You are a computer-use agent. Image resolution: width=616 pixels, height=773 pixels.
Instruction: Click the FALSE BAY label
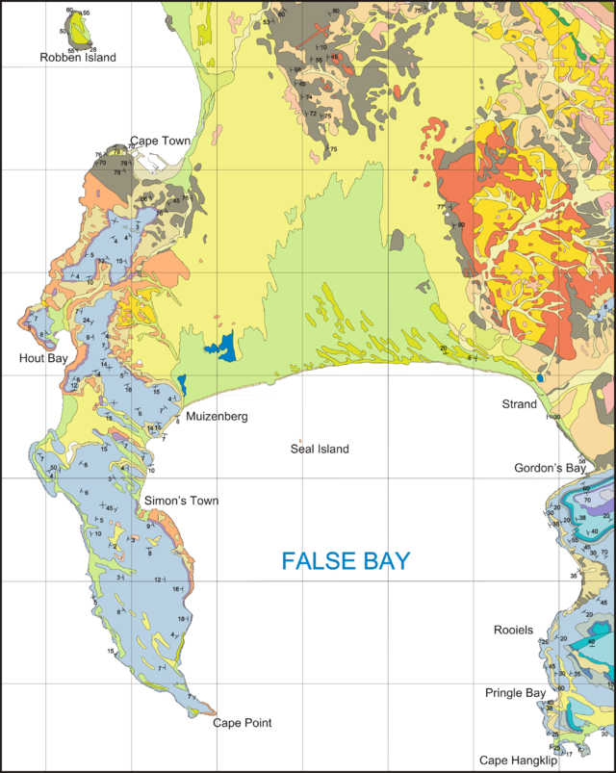click(346, 560)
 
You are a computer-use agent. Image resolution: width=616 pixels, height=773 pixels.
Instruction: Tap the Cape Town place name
click(161, 141)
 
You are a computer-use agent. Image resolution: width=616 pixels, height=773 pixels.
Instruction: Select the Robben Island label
click(77, 57)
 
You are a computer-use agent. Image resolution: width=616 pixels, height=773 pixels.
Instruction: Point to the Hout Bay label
click(42, 358)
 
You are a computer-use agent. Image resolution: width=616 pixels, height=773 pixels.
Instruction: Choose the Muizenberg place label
click(217, 417)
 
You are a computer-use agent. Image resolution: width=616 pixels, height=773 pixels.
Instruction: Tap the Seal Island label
click(320, 450)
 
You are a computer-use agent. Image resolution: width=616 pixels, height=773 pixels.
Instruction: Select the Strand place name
click(519, 405)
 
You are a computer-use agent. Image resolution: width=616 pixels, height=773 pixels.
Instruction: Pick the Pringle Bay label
click(515, 692)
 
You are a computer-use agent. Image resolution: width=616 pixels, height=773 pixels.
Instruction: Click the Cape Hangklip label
click(517, 760)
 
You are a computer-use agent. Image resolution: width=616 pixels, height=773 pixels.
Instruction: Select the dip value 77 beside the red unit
click(441, 207)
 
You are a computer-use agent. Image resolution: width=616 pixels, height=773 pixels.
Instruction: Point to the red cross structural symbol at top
click(310, 39)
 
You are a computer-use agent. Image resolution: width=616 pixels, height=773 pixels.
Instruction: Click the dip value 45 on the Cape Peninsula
click(112, 507)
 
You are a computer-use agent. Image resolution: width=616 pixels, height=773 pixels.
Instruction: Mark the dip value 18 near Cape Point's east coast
click(182, 619)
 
